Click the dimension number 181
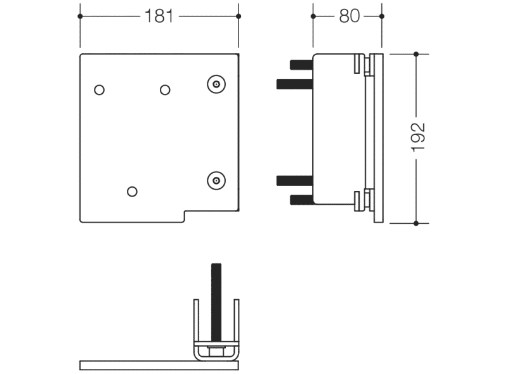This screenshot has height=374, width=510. pos(159,16)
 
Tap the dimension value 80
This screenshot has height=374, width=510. pos(348,16)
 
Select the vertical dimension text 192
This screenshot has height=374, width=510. pos(417,137)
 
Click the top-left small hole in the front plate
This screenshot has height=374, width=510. pos(99,90)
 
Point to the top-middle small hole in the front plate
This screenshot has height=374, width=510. pos(165,90)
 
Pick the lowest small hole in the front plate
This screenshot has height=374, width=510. pos(132,191)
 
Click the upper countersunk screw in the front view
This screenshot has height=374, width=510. pos(216,84)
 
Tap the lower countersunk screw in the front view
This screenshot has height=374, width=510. pos(216,181)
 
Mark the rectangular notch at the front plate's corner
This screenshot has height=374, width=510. pos(211,217)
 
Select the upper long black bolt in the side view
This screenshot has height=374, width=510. pos(295,83)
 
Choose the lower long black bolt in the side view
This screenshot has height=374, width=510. pos(295,181)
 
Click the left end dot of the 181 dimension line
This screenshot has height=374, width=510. pos(80,16)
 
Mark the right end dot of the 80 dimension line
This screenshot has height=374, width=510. pos(381,16)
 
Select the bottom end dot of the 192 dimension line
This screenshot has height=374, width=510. pos(416,223)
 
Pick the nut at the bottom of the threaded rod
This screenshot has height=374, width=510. pos(217,352)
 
